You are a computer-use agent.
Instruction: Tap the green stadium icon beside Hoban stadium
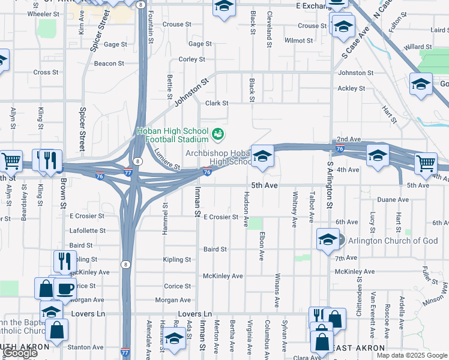point(218,133)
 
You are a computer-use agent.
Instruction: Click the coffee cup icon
point(65,289)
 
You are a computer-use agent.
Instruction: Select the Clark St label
point(217,103)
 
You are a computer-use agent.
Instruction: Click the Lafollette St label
point(88,230)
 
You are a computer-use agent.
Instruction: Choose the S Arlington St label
point(330,185)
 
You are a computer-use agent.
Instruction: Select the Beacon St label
point(109,63)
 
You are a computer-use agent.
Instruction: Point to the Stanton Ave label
point(86,347)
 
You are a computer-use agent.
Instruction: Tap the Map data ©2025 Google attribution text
point(412,355)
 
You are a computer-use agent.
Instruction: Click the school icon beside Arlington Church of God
point(327,240)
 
